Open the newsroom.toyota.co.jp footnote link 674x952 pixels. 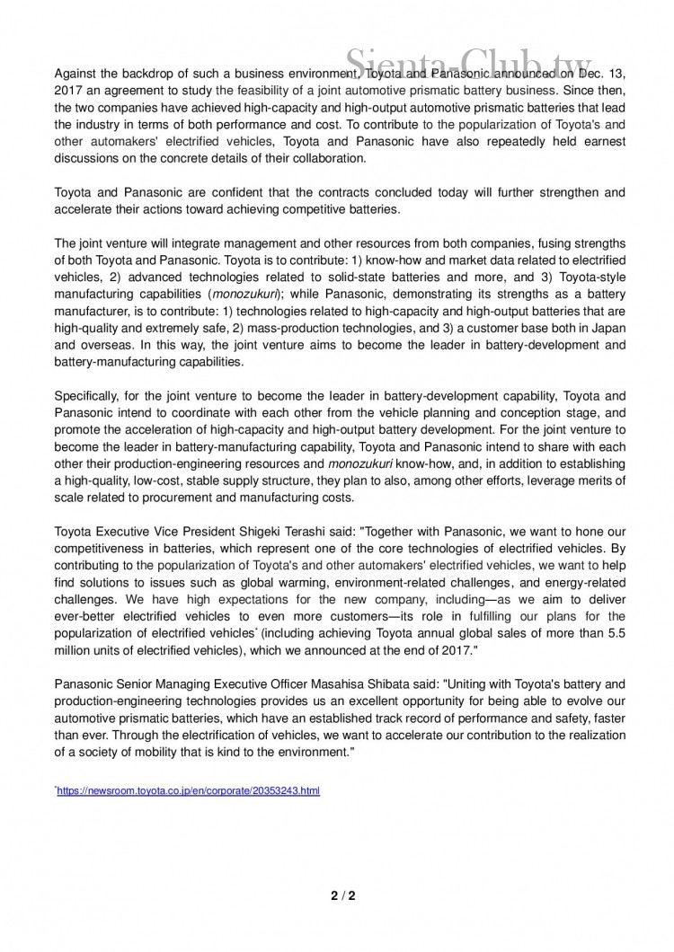click(189, 791)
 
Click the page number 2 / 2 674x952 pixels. click(337, 895)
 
